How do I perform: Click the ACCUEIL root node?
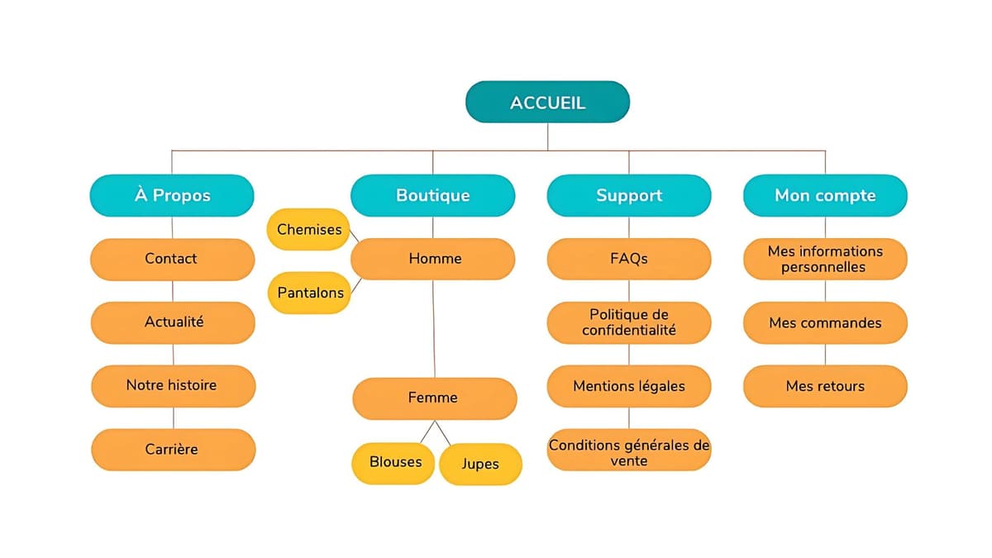click(x=547, y=103)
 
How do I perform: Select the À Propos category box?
click(x=172, y=195)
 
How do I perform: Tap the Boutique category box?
click(x=432, y=195)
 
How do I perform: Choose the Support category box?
click(x=628, y=195)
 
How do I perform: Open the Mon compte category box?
click(x=825, y=195)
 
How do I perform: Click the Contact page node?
click(x=172, y=259)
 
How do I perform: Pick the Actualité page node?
click(x=172, y=322)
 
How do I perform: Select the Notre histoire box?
click(x=172, y=385)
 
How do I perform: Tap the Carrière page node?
click(x=172, y=449)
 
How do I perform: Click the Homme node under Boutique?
click(x=432, y=259)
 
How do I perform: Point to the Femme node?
click(x=434, y=398)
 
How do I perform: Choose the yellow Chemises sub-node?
click(x=308, y=229)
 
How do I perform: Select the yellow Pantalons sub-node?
click(x=308, y=293)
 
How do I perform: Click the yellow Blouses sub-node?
click(x=394, y=462)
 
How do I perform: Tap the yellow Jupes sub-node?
click(x=480, y=464)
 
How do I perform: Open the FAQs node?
click(x=628, y=259)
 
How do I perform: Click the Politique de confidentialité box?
click(x=628, y=322)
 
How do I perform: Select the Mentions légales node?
click(x=628, y=385)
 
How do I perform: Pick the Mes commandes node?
click(x=825, y=322)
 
